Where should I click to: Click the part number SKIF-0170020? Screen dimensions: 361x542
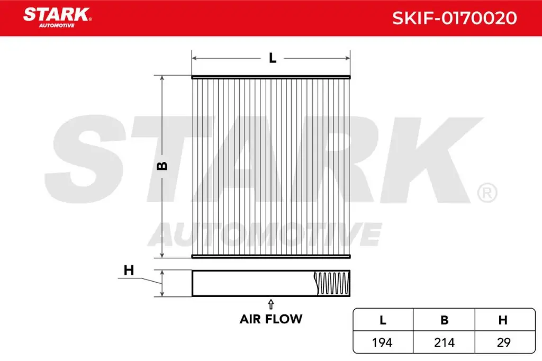454,18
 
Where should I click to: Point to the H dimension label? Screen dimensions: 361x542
128,270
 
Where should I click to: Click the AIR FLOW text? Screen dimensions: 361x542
271,319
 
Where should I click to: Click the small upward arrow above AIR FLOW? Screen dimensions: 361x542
271,303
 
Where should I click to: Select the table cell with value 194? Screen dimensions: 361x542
382,342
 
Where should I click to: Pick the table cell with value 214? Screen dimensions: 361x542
445,342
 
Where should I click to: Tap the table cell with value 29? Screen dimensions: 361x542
504,342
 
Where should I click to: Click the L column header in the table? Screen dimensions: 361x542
382,320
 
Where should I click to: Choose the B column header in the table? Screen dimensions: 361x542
445,320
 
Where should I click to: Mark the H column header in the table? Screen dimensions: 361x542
504,320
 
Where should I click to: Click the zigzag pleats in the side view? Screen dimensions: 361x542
332,283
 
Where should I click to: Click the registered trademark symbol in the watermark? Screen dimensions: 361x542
486,193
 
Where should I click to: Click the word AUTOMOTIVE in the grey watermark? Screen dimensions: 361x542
265,234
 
